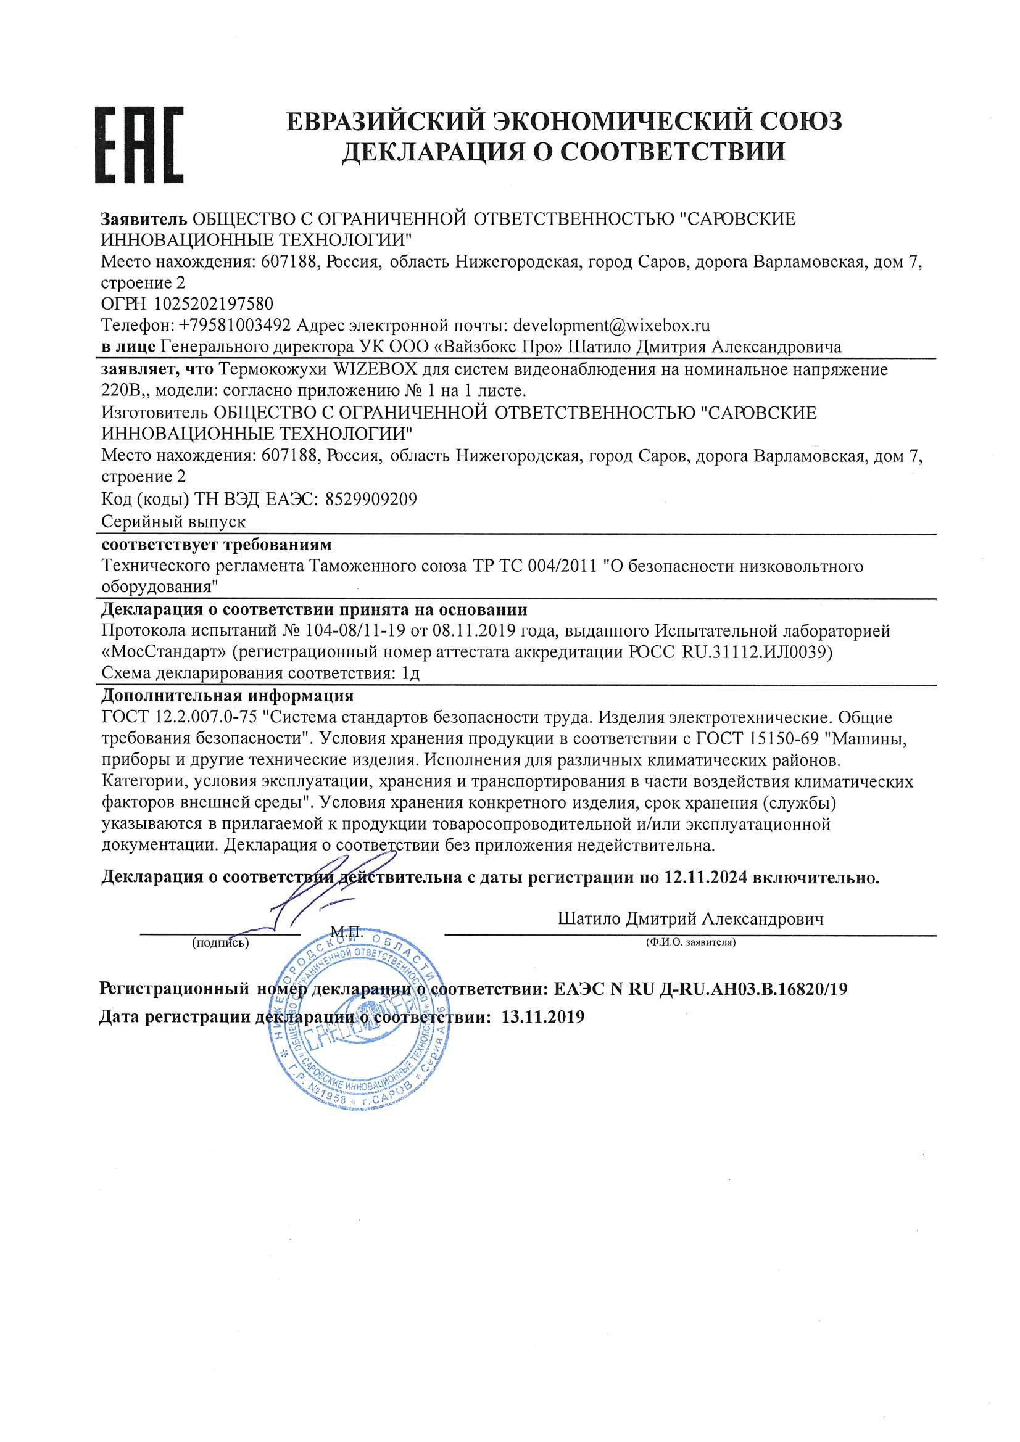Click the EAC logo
coord(139,145)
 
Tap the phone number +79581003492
coord(235,325)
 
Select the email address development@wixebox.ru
coord(611,325)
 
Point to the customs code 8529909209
coord(371,500)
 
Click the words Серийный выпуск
coord(173,522)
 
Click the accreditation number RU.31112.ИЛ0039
coord(757,652)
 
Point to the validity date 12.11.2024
coord(705,878)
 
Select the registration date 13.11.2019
coord(543,1017)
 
